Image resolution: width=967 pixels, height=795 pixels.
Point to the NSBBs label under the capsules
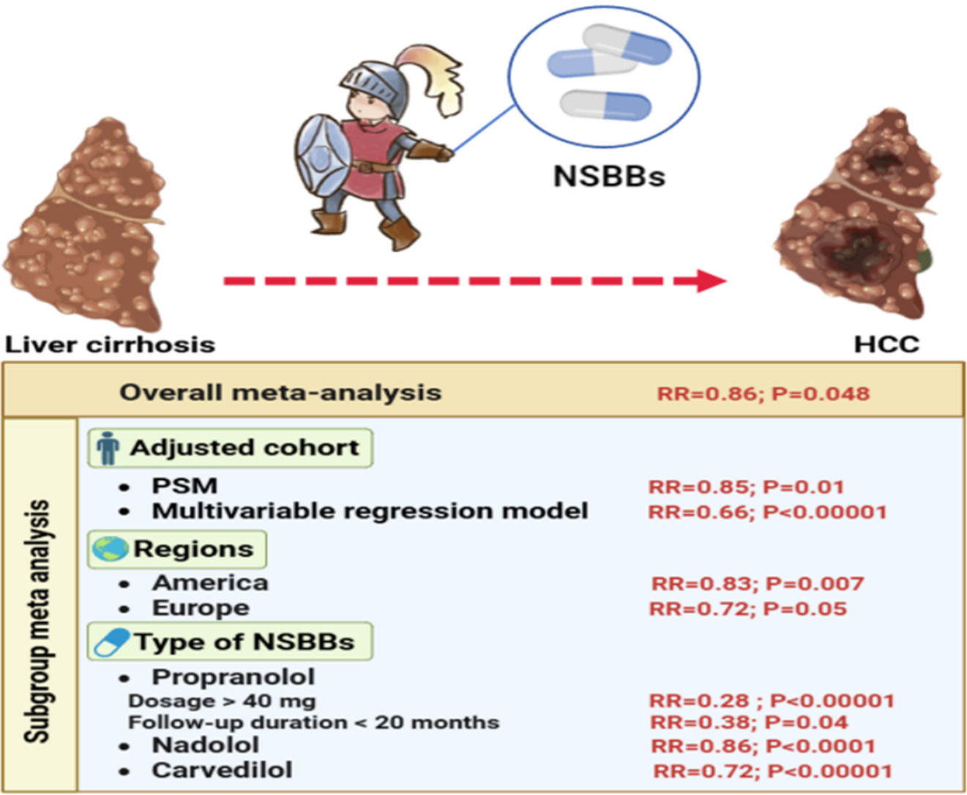pyautogui.click(x=609, y=177)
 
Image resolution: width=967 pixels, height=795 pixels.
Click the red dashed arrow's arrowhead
pyautogui.click(x=710, y=281)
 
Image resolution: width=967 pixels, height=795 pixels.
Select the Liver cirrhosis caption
pyautogui.click(x=111, y=344)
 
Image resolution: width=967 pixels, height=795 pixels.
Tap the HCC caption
pyautogui.click(x=886, y=344)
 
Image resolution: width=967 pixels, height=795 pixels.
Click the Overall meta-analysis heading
pyautogui.click(x=280, y=392)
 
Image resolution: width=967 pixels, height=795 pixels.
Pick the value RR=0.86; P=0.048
pyautogui.click(x=763, y=393)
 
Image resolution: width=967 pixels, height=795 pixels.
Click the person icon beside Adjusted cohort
pyautogui.click(x=108, y=448)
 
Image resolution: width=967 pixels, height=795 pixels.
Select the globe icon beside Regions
pyautogui.click(x=110, y=549)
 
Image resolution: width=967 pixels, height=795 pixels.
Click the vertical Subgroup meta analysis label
pyautogui.click(x=38, y=620)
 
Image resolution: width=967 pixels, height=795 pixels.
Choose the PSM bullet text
pyautogui.click(x=184, y=486)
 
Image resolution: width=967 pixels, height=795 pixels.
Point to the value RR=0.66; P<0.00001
pyautogui.click(x=767, y=511)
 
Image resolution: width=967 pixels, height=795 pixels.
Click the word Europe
pyautogui.click(x=201, y=608)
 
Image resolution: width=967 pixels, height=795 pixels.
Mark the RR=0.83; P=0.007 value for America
pyautogui.click(x=758, y=584)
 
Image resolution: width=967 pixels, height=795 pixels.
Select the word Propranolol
pyautogui.click(x=233, y=676)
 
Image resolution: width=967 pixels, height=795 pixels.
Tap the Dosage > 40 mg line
pyautogui.click(x=222, y=700)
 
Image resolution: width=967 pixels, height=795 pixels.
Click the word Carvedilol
pyautogui.click(x=222, y=770)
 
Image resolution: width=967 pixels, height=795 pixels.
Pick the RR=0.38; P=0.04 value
pyautogui.click(x=749, y=722)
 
